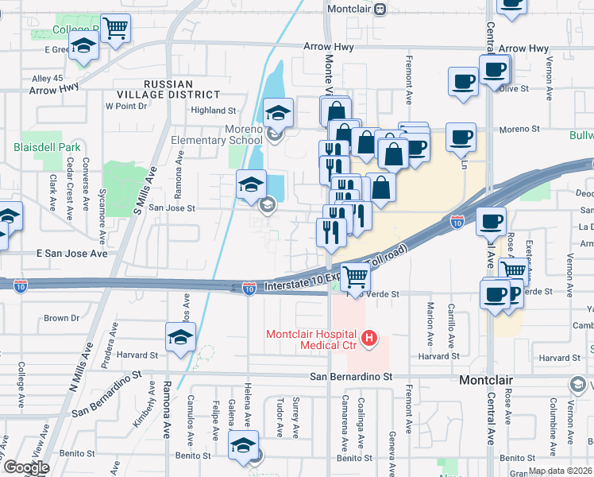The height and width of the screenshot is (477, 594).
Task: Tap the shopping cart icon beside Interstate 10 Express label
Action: [x=357, y=277]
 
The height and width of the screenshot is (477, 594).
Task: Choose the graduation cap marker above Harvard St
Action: [x=180, y=336]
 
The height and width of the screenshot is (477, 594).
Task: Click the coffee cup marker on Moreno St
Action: [x=461, y=137]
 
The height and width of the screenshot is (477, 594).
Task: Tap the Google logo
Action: [x=25, y=468]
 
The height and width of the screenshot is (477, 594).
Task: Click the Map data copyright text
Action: [x=560, y=471]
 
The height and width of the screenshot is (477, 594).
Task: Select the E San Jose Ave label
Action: [x=71, y=254]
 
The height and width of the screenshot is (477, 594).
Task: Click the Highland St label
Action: [x=214, y=111]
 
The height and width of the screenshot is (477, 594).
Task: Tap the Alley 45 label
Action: [x=47, y=78]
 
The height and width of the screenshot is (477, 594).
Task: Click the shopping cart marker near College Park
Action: [x=116, y=29]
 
